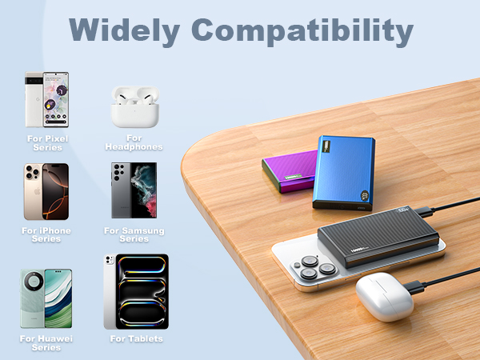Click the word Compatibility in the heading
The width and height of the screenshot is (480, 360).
[306, 30]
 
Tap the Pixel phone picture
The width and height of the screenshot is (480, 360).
[46, 100]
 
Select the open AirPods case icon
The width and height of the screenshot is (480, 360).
[133, 106]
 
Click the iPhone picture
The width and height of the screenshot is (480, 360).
[46, 191]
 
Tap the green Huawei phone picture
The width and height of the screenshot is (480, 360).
[46, 298]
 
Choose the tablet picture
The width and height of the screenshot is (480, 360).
[136, 291]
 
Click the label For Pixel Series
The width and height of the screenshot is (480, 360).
[46, 142]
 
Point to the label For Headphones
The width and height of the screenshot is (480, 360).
[134, 142]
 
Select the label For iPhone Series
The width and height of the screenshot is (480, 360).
[46, 234]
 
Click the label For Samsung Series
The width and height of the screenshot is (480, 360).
[134, 234]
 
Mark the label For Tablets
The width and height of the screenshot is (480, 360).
[136, 339]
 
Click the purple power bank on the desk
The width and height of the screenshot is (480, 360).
[290, 173]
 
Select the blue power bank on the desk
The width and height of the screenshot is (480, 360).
[345, 171]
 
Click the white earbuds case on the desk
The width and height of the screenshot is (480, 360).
[383, 295]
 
